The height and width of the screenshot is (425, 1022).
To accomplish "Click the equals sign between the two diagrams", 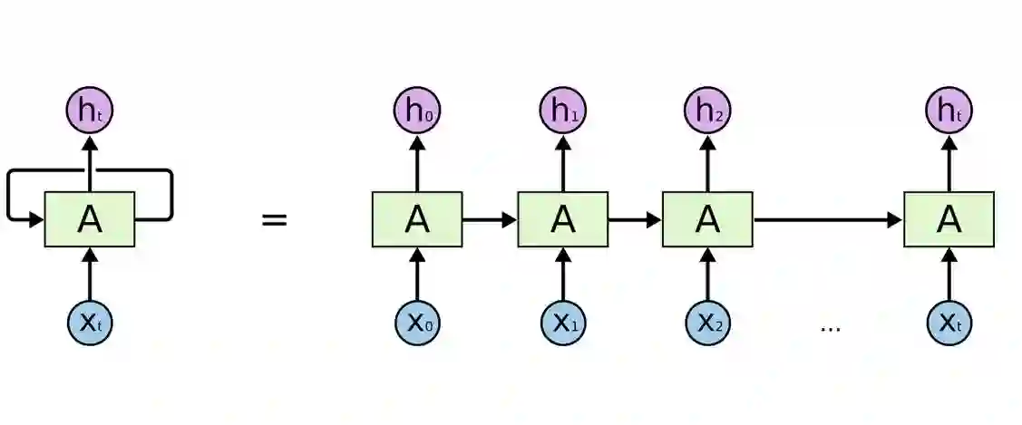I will (x=274, y=219).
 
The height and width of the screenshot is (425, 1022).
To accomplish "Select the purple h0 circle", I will (x=416, y=111).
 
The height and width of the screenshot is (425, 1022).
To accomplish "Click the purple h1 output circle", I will (x=562, y=111).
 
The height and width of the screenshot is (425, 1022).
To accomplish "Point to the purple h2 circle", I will (x=707, y=111).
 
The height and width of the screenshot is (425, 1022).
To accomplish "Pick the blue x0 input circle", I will (x=416, y=323).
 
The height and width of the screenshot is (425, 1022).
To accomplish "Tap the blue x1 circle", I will (x=562, y=323).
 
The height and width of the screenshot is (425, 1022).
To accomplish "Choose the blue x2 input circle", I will (x=707, y=323).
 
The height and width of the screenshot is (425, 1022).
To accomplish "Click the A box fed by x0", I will (x=416, y=219).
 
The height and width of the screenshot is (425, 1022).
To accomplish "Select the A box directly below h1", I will (x=562, y=219).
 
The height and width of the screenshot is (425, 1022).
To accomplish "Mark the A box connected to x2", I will (x=707, y=219).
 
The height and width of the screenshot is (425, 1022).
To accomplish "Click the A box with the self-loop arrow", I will (x=90, y=219).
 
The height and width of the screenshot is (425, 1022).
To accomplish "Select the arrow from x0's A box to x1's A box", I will (x=490, y=219).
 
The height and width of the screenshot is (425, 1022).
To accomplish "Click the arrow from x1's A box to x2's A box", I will (x=635, y=219).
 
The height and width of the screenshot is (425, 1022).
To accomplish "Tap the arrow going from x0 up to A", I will (x=416, y=274).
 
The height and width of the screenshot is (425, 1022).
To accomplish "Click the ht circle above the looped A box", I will (x=90, y=111).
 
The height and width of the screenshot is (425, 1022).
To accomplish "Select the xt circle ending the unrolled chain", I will (x=949, y=323).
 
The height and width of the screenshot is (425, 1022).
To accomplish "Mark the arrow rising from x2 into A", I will (x=707, y=274).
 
